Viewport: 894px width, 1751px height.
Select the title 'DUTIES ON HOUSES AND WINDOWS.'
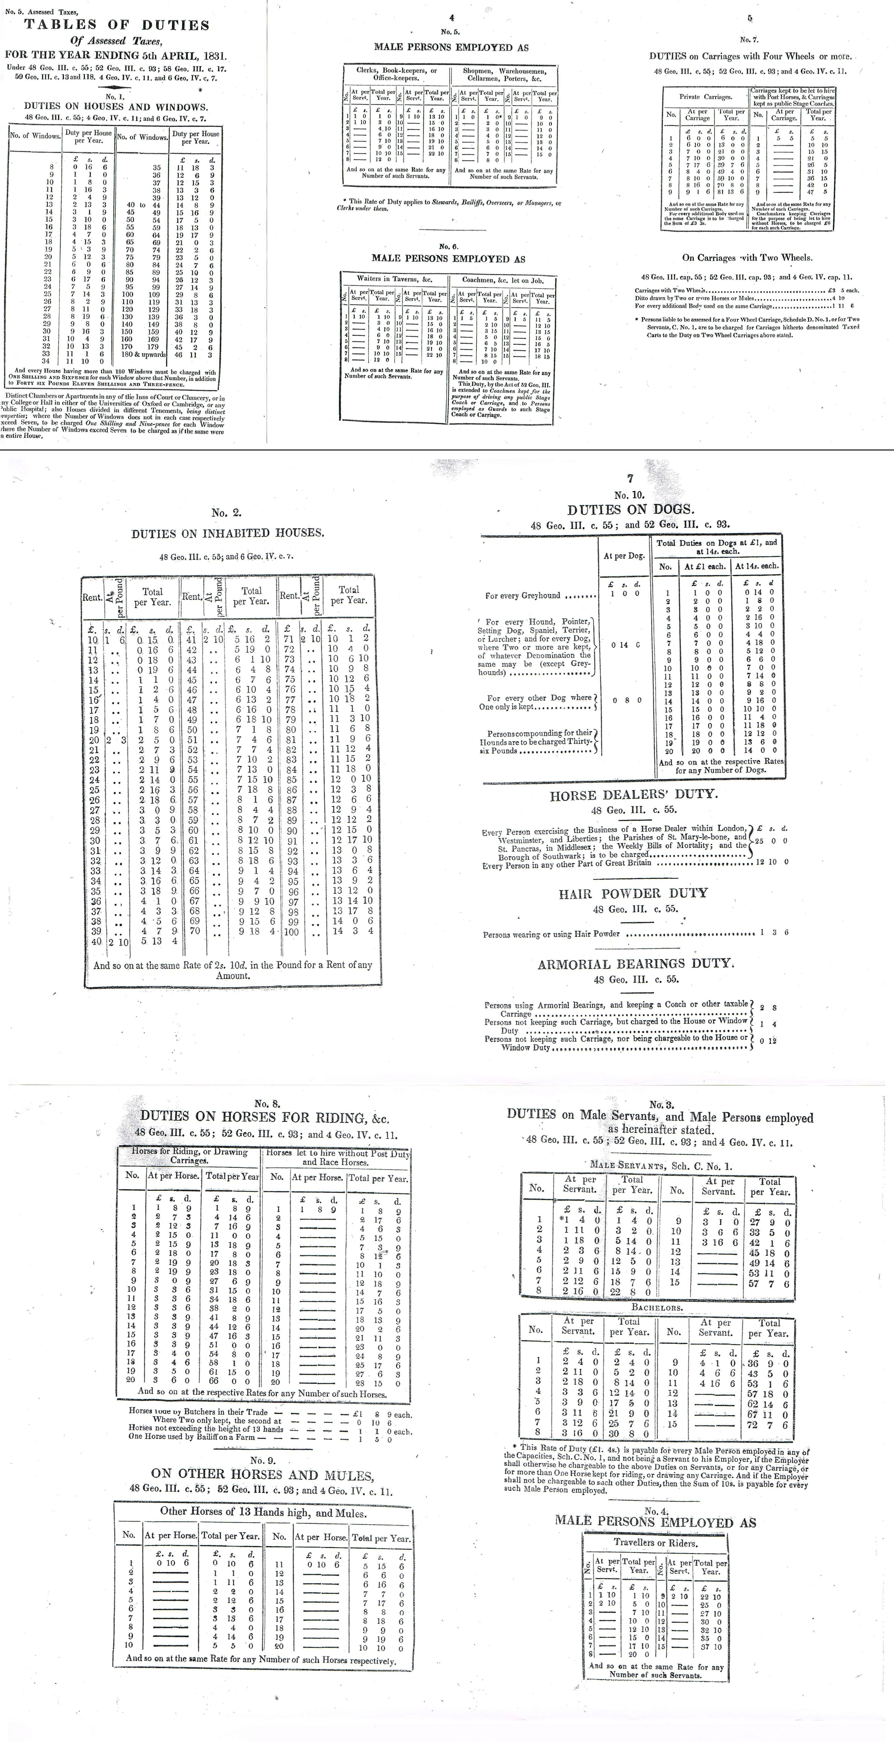[115, 107]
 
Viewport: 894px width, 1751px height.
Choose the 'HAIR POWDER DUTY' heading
[633, 893]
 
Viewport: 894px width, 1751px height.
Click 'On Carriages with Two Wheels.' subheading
[747, 258]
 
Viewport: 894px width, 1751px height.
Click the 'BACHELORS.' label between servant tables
[657, 1307]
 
